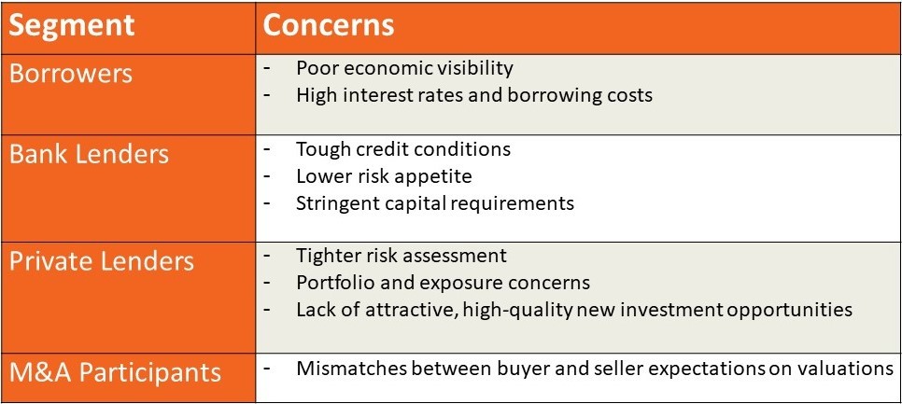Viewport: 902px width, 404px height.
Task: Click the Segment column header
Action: click(71, 26)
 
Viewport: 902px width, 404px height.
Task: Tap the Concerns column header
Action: click(329, 26)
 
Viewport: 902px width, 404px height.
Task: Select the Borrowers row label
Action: click(71, 74)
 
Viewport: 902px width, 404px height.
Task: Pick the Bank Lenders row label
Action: click(89, 155)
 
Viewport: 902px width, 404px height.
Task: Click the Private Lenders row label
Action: click(102, 261)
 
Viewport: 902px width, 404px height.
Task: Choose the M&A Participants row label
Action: click(115, 372)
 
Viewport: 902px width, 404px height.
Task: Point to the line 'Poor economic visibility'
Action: click(404, 68)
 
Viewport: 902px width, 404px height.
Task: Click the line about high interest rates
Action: click(474, 95)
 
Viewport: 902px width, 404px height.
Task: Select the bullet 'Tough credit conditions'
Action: click(403, 149)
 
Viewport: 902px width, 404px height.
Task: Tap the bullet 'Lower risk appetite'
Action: click(384, 176)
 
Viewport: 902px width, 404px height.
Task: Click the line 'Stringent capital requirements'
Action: click(435, 203)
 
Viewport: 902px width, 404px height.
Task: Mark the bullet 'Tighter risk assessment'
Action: click(402, 255)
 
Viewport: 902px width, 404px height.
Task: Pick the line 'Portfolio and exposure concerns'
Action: click(443, 283)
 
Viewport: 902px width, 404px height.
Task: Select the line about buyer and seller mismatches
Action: click(595, 369)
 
